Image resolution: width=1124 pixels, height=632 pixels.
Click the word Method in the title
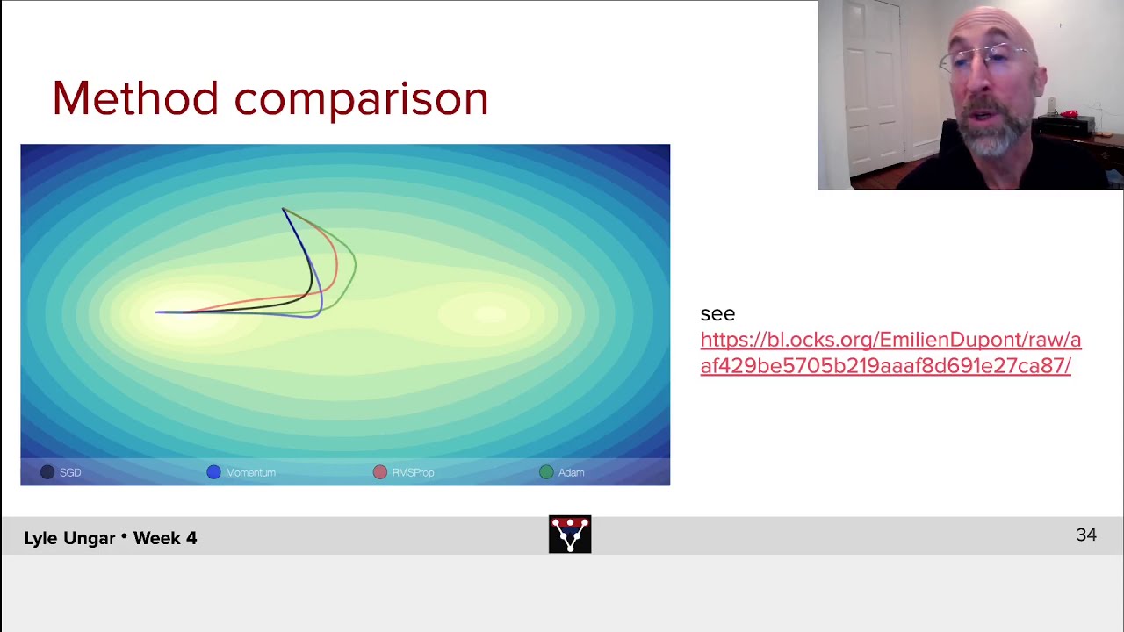click(134, 98)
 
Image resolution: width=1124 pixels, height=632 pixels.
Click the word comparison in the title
click(361, 100)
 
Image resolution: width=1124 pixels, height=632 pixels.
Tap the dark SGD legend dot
click(47, 472)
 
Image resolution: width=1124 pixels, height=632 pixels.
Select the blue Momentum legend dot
click(213, 472)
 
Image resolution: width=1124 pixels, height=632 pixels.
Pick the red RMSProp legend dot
click(379, 472)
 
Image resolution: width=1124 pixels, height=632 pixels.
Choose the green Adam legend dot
click(546, 472)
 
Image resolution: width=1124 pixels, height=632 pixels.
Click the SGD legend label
click(70, 472)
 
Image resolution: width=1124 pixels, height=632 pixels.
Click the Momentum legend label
click(250, 472)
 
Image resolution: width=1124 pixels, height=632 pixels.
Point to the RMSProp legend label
click(413, 472)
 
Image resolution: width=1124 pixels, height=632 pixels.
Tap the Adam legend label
click(571, 472)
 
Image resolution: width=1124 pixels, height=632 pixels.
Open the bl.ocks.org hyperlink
click(890, 353)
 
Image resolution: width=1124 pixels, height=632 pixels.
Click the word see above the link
click(717, 313)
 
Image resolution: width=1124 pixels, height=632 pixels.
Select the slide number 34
click(1086, 535)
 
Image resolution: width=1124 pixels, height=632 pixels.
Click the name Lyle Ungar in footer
click(68, 538)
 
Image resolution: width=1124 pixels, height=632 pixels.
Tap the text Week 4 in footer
click(165, 538)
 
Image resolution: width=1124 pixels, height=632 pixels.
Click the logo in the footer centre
click(570, 535)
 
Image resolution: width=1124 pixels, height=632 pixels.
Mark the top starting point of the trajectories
click(283, 209)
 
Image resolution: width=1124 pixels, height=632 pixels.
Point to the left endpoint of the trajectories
click(157, 312)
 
